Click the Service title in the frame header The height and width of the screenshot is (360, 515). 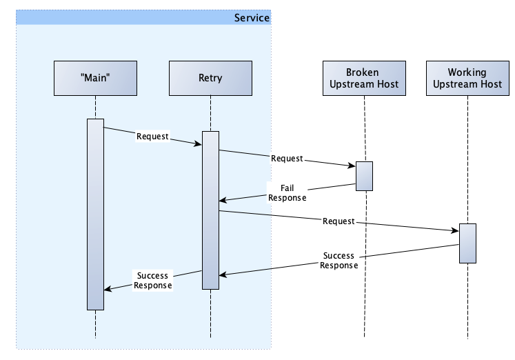point(252,18)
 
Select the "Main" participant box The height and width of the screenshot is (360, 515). point(95,78)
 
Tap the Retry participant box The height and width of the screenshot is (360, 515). point(210,78)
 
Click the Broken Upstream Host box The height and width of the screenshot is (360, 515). point(364,78)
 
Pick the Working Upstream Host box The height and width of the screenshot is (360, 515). point(467,78)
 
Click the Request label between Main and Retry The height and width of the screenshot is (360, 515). point(153,137)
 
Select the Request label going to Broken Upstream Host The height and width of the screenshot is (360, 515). point(287,159)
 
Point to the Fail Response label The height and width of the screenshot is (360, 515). point(287,193)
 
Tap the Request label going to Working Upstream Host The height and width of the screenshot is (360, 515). point(339,221)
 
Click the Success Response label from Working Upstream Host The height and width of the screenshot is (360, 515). point(339,261)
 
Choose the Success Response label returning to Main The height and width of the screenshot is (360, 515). point(153,281)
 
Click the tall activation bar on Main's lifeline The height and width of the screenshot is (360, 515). point(95,214)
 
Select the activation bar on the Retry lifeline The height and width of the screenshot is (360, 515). point(210,210)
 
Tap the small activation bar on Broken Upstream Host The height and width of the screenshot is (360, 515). point(364,176)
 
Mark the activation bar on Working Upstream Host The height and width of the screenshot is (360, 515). point(467,243)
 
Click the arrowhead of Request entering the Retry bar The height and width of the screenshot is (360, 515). point(199,143)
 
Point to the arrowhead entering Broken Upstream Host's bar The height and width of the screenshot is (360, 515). point(352,166)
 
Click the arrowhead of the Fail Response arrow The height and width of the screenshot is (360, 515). point(223,200)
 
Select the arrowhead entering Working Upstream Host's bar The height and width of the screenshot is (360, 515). point(456,230)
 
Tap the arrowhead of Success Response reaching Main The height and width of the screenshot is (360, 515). point(108,289)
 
